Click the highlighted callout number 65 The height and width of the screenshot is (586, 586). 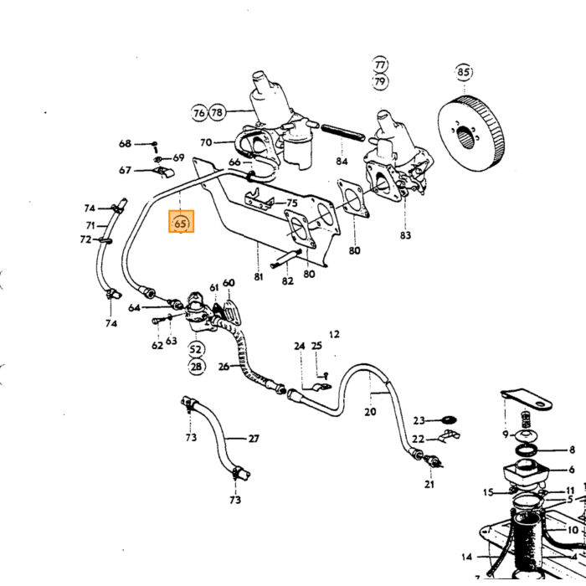click(181, 224)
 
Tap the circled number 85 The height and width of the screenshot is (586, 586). click(464, 72)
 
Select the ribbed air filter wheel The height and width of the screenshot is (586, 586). click(473, 133)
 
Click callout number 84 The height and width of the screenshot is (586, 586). click(342, 161)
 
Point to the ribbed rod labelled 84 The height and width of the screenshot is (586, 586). click(342, 132)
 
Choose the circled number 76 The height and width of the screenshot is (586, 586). click(199, 112)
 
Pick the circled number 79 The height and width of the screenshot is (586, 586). click(380, 81)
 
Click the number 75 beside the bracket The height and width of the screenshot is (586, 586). click(292, 203)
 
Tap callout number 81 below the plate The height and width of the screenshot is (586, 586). click(259, 277)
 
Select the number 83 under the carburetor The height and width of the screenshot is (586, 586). click(405, 235)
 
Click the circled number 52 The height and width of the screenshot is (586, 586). click(196, 349)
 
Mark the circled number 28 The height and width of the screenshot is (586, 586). click(196, 367)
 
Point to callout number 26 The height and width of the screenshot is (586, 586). click(224, 367)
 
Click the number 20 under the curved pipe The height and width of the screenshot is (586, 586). click(370, 412)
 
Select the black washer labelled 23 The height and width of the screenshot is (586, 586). click(449, 420)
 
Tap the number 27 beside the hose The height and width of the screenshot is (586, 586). click(254, 438)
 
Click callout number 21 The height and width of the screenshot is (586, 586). click(429, 485)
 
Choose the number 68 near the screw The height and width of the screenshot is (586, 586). click(126, 143)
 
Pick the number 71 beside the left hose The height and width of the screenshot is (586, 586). click(90, 225)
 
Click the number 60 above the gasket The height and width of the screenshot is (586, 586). click(229, 283)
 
